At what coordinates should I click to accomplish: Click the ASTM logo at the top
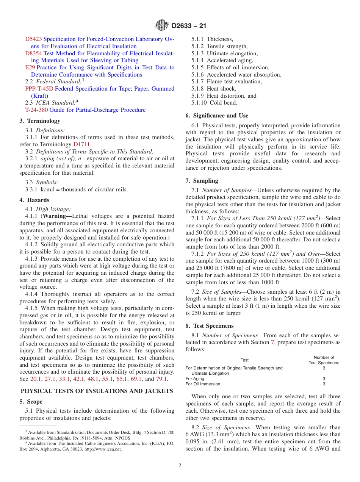pyautogui.click(x=162, y=26)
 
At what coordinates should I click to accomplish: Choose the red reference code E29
pyautogui.click(x=30, y=67)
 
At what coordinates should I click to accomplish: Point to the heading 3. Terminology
pyautogui.click(x=40, y=121)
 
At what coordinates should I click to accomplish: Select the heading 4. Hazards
pyautogui.click(x=34, y=200)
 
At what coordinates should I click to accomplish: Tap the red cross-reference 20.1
pyautogui.click(x=35, y=379)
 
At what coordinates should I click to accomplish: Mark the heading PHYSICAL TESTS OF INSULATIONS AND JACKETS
pyautogui.click(x=97, y=391)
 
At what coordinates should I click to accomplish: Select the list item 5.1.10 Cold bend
pyautogui.click(x=214, y=103)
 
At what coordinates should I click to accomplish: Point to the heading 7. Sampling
pyautogui.click(x=202, y=181)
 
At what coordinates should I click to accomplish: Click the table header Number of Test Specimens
pyautogui.click(x=324, y=360)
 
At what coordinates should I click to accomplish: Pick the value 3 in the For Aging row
pyautogui.click(x=324, y=379)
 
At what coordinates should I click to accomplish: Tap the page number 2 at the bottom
pyautogui.click(x=180, y=466)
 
